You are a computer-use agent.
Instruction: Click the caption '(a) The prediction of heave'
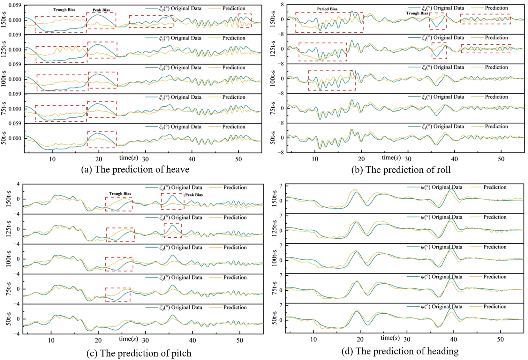(x=135, y=170)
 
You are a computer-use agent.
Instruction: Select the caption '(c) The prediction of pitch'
(x=139, y=353)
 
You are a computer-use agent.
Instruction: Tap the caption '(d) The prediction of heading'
(x=400, y=351)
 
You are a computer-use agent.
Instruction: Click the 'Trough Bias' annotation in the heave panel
(x=64, y=10)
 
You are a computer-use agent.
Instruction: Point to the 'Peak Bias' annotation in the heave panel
(x=101, y=10)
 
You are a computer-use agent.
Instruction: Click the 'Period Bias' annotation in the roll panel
(x=327, y=9)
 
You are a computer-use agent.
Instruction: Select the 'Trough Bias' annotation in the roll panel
(x=417, y=13)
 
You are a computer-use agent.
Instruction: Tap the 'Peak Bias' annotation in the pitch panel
(x=194, y=195)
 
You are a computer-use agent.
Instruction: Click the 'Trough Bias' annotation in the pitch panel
(x=120, y=194)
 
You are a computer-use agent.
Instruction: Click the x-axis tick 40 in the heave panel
(x=192, y=159)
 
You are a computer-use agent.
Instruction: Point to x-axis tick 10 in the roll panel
(x=315, y=159)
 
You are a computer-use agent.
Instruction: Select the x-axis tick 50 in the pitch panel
(x=240, y=341)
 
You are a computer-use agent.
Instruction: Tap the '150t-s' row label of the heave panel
(x=4, y=19)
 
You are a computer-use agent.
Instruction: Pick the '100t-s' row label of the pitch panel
(x=9, y=259)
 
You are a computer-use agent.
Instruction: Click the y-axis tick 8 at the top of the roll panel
(x=282, y=4)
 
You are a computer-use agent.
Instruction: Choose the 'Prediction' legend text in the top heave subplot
(x=234, y=9)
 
